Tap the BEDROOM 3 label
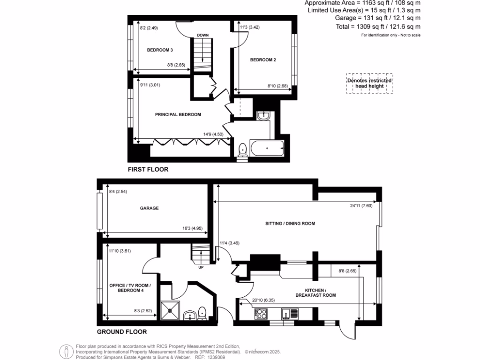click(x=160, y=50)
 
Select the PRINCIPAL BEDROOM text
click(x=178, y=114)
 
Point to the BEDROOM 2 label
click(x=262, y=60)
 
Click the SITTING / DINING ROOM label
click(x=290, y=224)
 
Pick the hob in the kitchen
click(x=261, y=314)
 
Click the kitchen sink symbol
click(x=287, y=314)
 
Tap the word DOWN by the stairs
click(x=202, y=35)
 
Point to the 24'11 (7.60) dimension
click(x=361, y=205)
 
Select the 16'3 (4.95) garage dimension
click(x=193, y=228)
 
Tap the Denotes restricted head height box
click(x=369, y=83)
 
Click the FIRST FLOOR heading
click(x=148, y=170)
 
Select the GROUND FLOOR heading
click(x=122, y=332)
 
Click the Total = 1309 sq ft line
click(x=378, y=27)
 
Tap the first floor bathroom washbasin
click(x=263, y=115)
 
